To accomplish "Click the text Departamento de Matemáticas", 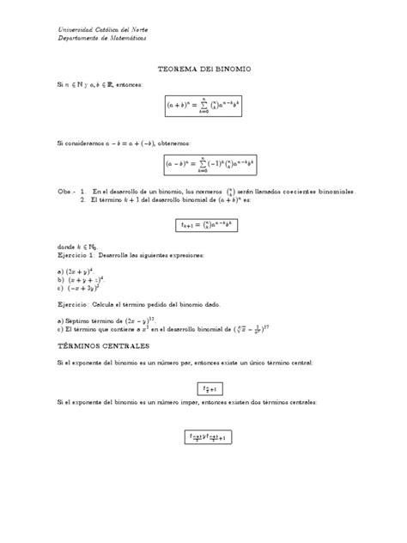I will coord(101,39).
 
